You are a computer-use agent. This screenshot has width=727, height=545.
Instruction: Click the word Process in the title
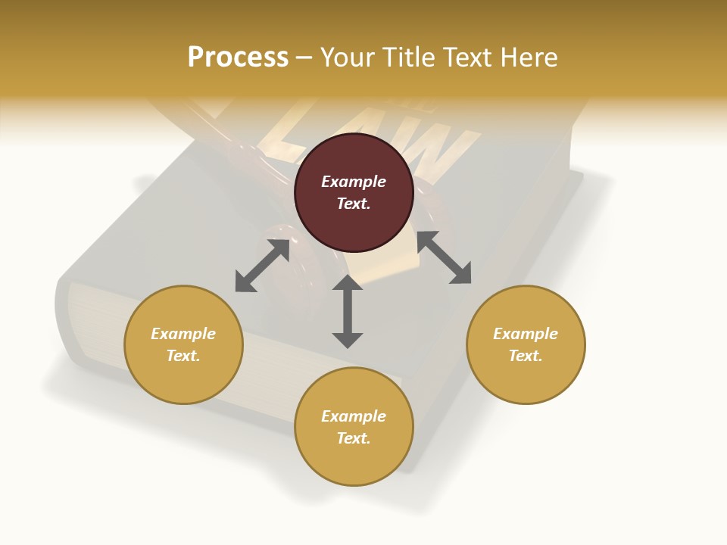tap(238, 58)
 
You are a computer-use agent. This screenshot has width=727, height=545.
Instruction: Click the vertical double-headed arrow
tap(348, 311)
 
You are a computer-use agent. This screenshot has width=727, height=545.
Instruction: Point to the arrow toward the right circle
tap(444, 257)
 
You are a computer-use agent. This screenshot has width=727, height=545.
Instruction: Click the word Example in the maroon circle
tap(354, 182)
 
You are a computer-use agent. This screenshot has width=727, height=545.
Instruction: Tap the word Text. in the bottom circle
tap(354, 438)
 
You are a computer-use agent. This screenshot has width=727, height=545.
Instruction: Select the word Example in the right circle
tap(526, 334)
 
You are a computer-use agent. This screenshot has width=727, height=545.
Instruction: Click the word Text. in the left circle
tap(183, 356)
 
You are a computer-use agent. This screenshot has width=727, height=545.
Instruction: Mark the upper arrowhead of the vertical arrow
tap(348, 285)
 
